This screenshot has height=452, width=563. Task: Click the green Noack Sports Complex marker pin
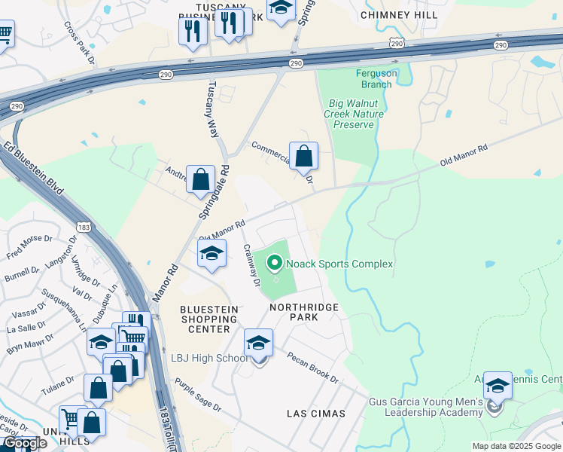[275, 264]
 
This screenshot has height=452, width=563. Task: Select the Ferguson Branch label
[374, 78]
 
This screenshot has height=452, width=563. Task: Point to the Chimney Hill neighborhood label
[399, 14]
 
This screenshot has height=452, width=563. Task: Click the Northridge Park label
[305, 312]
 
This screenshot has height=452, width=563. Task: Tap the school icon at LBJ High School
[259, 344]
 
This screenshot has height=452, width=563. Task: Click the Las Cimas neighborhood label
[316, 414]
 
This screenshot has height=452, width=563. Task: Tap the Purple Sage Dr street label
[198, 395]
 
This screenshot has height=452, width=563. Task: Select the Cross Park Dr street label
[80, 41]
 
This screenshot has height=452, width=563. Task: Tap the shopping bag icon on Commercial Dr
[303, 157]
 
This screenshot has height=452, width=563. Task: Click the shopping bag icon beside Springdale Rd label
[200, 181]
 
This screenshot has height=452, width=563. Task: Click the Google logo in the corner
[24, 443]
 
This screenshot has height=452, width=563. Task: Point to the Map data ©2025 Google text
[516, 445]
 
